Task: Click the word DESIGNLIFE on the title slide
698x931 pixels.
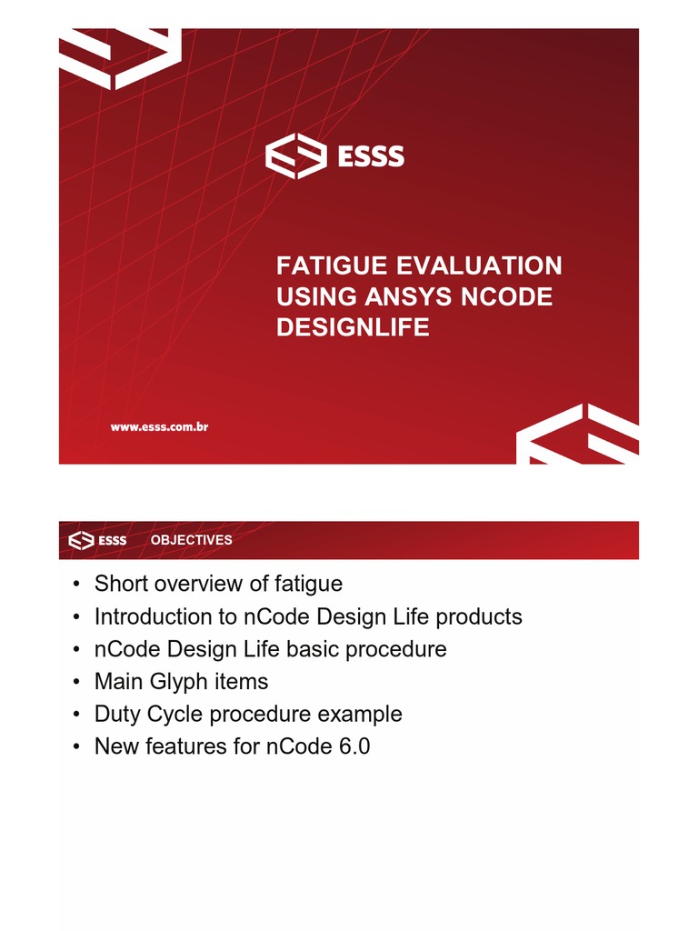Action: [353, 327]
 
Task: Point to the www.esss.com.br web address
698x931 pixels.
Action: [160, 425]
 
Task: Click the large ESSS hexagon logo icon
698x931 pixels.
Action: [295, 157]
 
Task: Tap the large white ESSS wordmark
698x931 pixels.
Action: [371, 157]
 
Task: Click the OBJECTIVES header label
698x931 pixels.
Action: [191, 540]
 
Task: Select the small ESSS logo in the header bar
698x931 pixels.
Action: [98, 540]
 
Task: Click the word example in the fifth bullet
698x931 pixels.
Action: [363, 714]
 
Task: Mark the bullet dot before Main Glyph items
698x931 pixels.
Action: [79, 682]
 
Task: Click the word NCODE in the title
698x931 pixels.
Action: [505, 297]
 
